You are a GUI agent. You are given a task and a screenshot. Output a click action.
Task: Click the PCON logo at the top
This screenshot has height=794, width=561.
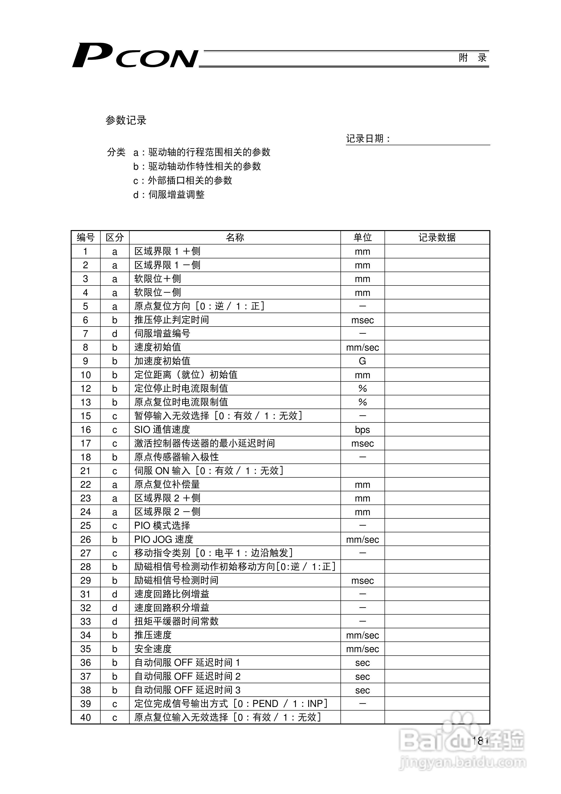tap(135, 56)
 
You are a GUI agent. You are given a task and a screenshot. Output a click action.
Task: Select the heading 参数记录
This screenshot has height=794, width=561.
tap(126, 120)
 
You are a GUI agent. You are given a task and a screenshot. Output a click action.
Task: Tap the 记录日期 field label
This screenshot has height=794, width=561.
tap(368, 139)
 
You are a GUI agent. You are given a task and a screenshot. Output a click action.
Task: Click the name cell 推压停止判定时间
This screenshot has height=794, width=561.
tap(172, 320)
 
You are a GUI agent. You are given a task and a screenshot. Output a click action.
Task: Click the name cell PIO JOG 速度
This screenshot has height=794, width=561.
tap(164, 539)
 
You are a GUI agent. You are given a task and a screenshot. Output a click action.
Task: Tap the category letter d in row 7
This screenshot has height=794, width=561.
tap(115, 334)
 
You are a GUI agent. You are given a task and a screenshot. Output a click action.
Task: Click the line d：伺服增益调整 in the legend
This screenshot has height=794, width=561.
tap(169, 195)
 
